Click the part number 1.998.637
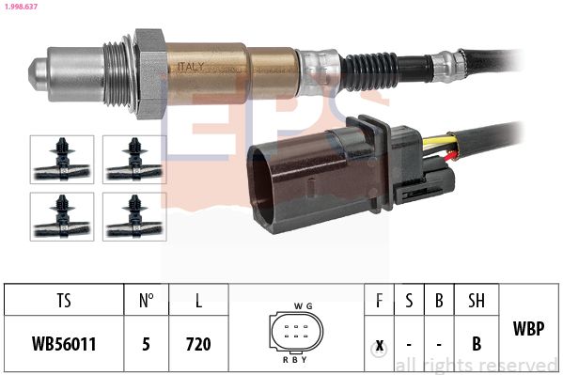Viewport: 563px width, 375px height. coord(21,6)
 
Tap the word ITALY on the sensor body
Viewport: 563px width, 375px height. coord(191,67)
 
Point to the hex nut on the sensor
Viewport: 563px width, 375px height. coord(149,73)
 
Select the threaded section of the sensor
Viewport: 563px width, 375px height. coord(116,74)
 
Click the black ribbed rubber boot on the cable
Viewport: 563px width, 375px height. coord(369,71)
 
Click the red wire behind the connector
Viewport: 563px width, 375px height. coord(451,156)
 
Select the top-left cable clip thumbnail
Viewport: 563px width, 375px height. coord(62,160)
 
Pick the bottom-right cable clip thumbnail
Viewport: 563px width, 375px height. coord(134,216)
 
